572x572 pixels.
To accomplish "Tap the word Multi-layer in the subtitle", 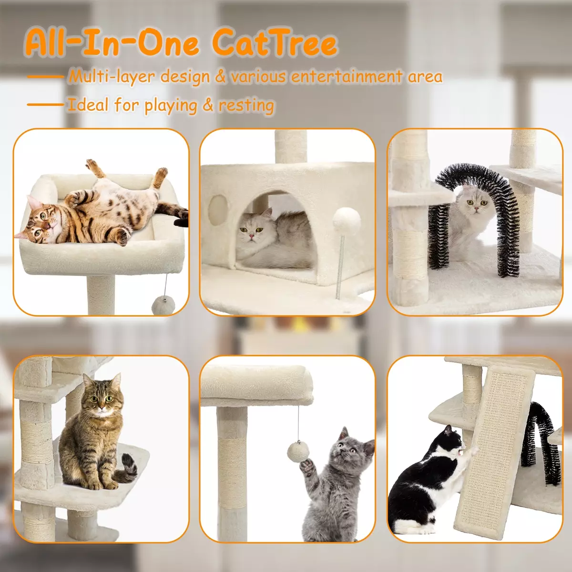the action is pyautogui.click(x=112, y=77).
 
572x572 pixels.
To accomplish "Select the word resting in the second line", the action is pyautogui.click(x=246, y=105).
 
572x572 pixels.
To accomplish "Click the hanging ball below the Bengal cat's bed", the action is pyautogui.click(x=163, y=306).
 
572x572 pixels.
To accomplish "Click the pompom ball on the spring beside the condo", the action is pyautogui.click(x=347, y=222).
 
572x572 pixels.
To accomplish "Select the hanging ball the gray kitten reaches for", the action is pyautogui.click(x=298, y=451).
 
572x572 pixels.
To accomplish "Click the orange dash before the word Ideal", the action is pyautogui.click(x=45, y=104).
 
